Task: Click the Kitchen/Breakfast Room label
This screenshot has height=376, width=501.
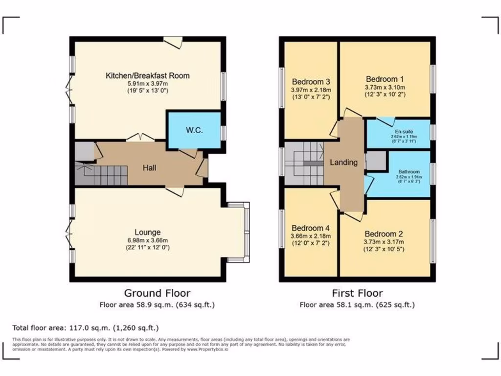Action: pos(147,75)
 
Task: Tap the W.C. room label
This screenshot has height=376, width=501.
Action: pos(194,130)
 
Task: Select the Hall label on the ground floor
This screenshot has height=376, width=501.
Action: pos(149,168)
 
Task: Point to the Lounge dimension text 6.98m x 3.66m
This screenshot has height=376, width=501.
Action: pos(147,240)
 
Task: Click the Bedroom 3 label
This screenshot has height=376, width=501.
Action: pos(311,82)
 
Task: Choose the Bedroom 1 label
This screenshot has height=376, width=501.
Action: pos(385,79)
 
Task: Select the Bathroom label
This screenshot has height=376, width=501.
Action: pos(409,172)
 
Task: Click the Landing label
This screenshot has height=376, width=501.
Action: pos(343,163)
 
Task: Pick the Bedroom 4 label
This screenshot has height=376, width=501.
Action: pos(310,228)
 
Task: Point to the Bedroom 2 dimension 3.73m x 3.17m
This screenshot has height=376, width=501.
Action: pos(384,241)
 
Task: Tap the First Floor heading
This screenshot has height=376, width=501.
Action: pos(357,293)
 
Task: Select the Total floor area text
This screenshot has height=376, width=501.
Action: pos(85,328)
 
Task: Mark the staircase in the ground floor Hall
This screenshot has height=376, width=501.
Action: pos(103,175)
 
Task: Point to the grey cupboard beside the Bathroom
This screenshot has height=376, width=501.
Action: pos(376,161)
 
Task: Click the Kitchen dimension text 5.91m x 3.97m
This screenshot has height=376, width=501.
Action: pos(147,83)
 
